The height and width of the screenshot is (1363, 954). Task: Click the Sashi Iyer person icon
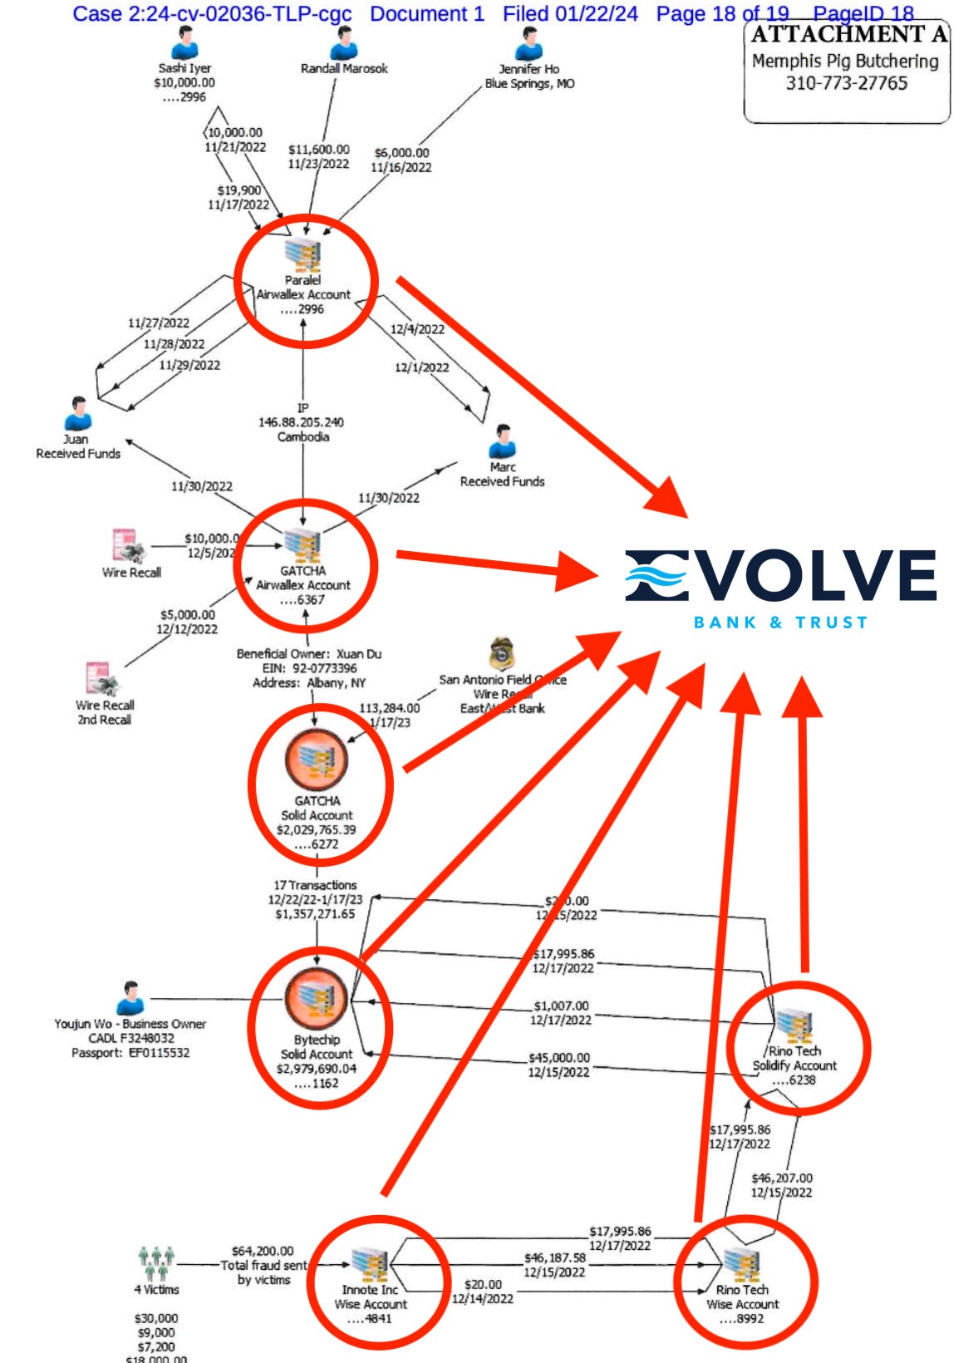(185, 43)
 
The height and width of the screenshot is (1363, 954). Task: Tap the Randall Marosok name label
(344, 69)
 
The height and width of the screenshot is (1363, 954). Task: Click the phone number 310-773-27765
(846, 83)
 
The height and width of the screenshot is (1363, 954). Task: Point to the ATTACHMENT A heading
(848, 35)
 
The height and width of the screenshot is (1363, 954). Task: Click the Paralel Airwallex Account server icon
(303, 254)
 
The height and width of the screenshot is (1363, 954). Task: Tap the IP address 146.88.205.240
(303, 422)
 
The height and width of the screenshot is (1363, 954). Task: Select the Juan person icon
(78, 414)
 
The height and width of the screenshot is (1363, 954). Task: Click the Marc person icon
(503, 441)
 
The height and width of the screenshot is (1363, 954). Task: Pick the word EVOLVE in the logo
(781, 575)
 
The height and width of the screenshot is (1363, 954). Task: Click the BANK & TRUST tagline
(780, 622)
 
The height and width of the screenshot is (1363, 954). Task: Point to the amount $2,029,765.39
(317, 829)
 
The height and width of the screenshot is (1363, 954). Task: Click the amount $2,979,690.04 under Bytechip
(317, 1069)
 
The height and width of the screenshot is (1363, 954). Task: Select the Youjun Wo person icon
(130, 998)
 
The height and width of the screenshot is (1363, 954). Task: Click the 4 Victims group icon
(156, 1262)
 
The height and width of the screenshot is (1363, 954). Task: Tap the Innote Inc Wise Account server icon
(370, 1264)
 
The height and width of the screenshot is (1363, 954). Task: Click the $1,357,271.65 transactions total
(315, 914)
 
